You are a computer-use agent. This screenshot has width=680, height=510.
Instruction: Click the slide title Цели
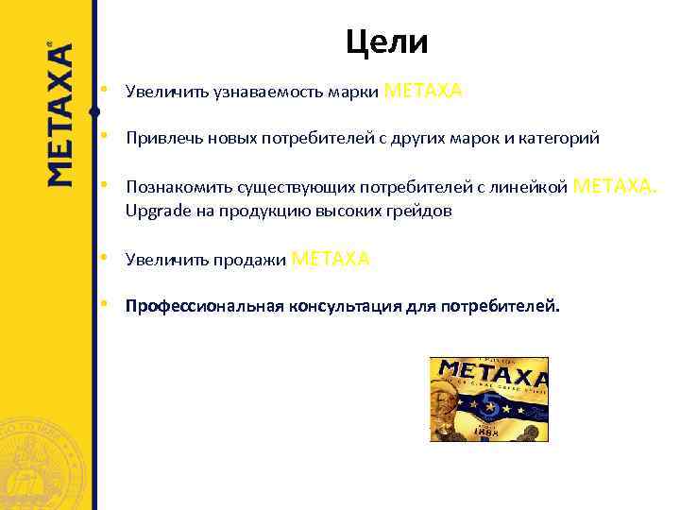[x=386, y=42]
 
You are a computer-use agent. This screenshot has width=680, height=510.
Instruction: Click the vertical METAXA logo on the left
[x=59, y=113]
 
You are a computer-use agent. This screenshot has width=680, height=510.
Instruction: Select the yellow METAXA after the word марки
[x=424, y=91]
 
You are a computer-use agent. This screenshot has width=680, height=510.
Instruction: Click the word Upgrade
[x=158, y=211]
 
